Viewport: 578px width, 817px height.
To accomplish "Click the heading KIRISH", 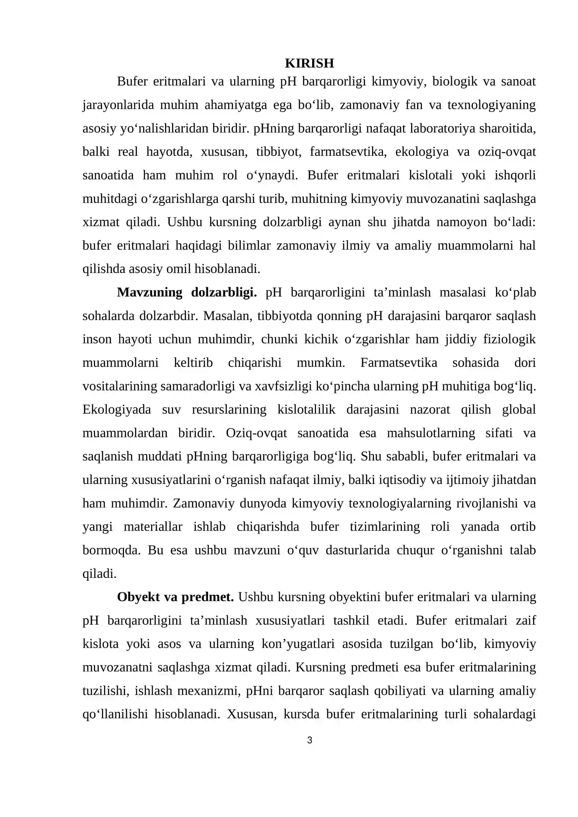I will (x=309, y=63).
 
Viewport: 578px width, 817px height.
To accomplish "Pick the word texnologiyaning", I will (x=491, y=105).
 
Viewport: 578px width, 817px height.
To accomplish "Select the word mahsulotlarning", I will (x=431, y=433).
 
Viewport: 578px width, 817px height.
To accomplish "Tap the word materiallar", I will (x=153, y=527).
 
